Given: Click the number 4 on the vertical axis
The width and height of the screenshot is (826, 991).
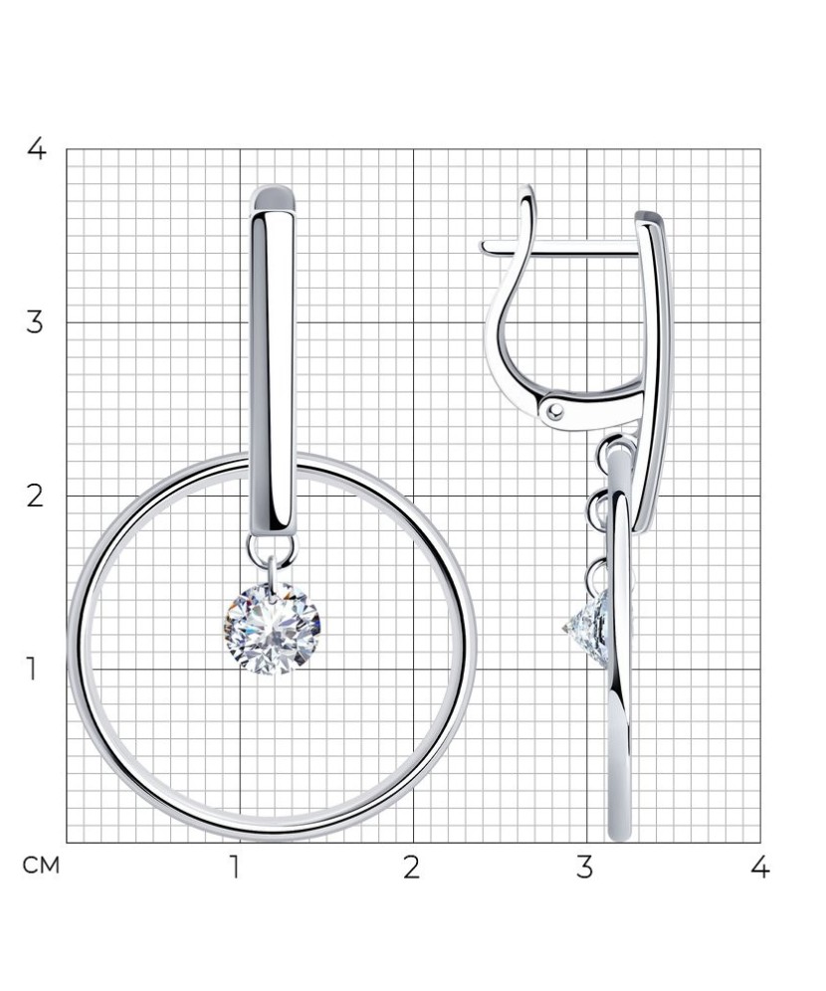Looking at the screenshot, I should click(x=36, y=149).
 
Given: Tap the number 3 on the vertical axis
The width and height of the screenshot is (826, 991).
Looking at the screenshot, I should click(x=36, y=322).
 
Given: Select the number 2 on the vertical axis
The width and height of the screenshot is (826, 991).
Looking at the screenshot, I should click(x=36, y=495).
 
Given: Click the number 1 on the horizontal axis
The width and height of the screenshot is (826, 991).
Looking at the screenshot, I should click(x=236, y=868).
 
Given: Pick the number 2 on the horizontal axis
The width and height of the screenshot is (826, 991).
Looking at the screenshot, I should click(x=411, y=868).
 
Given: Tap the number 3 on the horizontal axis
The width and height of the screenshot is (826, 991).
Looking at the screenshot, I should click(x=585, y=868).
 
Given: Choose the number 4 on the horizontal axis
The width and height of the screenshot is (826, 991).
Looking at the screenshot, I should click(x=759, y=868).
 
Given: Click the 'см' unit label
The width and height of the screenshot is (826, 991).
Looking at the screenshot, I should click(x=42, y=867).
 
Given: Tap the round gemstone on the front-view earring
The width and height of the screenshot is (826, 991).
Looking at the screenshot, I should click(x=272, y=628).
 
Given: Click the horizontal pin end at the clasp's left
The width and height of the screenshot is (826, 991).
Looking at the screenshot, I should click(x=488, y=246).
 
